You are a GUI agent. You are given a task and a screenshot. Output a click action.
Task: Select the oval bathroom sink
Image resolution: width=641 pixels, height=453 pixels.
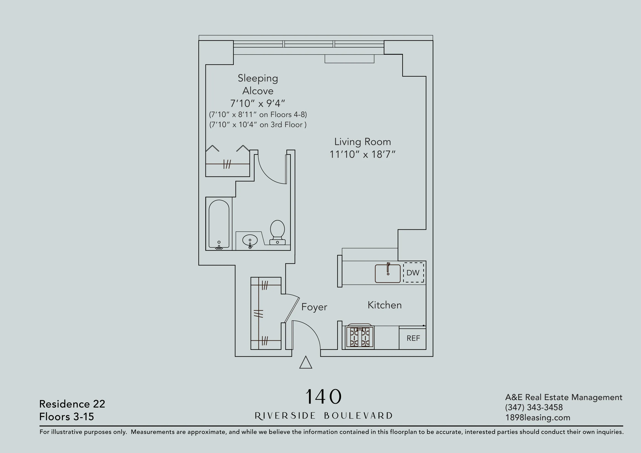pos(250,240)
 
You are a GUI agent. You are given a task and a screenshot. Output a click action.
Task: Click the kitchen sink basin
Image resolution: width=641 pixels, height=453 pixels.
pos(388,274)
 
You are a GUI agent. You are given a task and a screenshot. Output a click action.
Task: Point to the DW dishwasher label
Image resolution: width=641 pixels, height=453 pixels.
pos(413,273)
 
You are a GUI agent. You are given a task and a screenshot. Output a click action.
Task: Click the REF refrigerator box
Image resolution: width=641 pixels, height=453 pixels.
pos(413,338)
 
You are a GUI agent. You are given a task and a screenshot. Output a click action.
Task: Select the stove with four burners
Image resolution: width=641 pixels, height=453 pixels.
pos(360,337)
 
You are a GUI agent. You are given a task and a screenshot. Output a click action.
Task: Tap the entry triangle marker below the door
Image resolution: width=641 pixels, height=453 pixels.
pos(305,363)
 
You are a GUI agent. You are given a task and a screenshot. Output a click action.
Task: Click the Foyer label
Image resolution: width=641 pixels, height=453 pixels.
pos(314,307)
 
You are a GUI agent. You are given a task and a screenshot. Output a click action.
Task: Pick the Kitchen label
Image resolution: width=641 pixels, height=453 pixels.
pos(384,305)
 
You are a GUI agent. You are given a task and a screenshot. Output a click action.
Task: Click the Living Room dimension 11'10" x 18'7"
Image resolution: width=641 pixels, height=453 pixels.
pos(362,154)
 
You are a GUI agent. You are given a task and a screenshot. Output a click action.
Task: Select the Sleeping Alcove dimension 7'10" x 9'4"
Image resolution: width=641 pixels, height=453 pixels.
pos(257,104)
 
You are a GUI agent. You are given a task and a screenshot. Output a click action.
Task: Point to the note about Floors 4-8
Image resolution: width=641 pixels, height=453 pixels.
pos(258,114)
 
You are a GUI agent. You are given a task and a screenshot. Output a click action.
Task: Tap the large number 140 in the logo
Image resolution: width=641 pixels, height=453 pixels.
pos(323,397)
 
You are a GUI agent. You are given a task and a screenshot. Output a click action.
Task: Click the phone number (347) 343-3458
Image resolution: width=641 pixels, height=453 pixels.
pos(533,407)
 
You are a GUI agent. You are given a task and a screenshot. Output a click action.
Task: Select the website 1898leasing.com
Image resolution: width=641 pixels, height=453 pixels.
pos(537,418)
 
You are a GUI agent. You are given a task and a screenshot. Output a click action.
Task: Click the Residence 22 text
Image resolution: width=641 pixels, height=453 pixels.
pos(72,404)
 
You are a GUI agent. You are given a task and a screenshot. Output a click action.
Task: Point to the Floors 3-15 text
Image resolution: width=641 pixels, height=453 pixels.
pos(66,417)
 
